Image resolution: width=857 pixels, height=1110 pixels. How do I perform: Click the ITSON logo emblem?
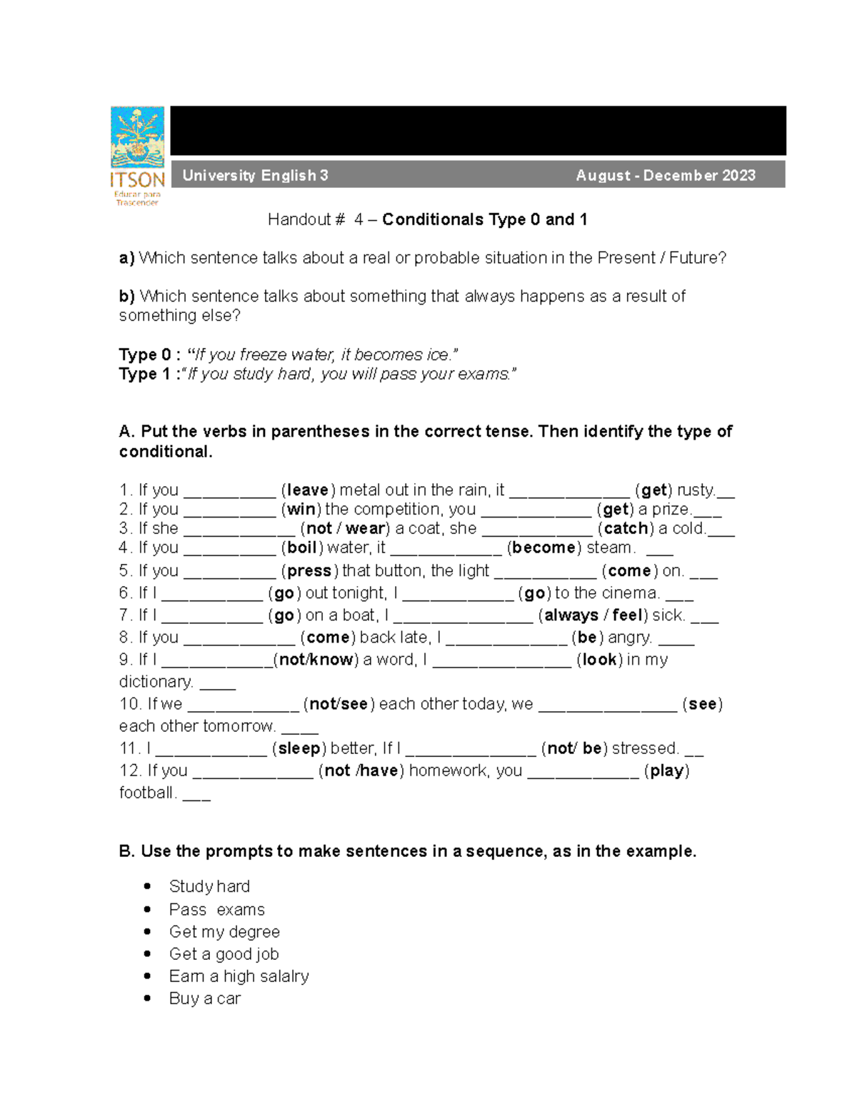(137, 137)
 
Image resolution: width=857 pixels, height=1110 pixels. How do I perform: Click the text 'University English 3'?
(255, 175)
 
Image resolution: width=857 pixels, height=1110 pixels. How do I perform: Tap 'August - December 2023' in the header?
(665, 175)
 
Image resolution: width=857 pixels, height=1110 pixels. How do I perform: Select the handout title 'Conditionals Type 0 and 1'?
(484, 219)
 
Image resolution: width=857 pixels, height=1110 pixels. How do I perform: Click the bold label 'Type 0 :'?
(145, 355)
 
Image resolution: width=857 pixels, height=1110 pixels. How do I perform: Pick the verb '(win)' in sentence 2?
(301, 510)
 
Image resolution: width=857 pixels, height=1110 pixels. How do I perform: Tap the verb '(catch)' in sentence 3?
(626, 529)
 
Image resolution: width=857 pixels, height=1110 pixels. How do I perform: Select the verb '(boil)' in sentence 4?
(301, 548)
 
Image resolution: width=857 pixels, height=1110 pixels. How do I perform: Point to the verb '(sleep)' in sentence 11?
(299, 748)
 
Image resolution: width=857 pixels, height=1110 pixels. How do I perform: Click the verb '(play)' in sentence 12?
(666, 770)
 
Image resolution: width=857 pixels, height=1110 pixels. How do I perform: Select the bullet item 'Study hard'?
(209, 886)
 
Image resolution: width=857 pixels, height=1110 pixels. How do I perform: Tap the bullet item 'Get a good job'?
(224, 954)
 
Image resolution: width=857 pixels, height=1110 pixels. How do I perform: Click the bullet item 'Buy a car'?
(204, 998)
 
